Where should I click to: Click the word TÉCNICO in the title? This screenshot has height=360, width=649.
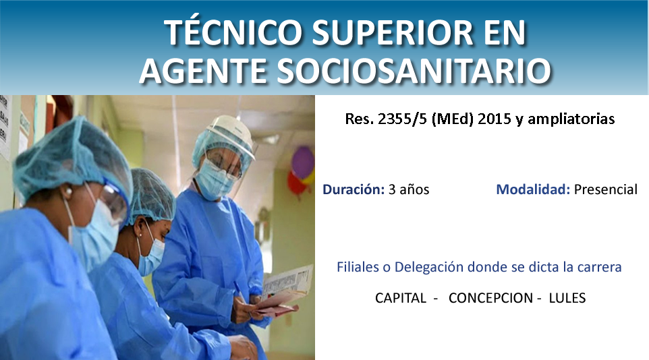233,32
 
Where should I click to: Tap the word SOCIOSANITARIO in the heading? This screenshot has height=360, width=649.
414,71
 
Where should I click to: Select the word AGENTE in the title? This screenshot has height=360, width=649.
203,71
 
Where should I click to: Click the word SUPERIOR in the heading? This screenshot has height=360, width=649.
393,32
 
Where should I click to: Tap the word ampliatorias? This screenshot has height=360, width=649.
571,119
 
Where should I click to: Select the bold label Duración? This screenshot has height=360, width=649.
354,189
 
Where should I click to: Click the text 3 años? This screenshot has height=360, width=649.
409,189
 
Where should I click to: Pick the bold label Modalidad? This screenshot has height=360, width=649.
533,189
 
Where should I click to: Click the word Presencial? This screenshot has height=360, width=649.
606,189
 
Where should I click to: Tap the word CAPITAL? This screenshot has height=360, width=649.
401,298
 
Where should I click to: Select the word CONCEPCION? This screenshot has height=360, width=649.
491,298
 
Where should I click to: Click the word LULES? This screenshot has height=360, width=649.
567,298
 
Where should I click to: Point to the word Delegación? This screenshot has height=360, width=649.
429,268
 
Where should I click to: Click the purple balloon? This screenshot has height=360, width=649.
303,162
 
